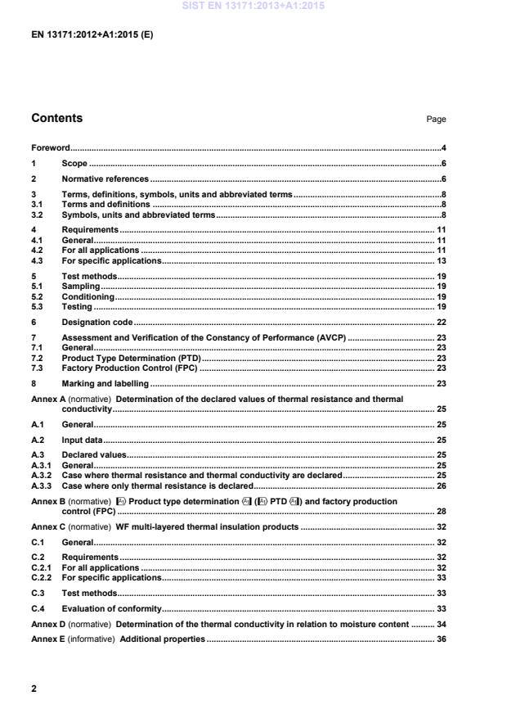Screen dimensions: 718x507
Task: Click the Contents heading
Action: [56, 118]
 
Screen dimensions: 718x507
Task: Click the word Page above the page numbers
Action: [436, 120]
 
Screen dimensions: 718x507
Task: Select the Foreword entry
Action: [50, 148]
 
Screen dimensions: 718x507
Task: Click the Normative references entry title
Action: [105, 178]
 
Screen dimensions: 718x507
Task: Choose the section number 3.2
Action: [37, 214]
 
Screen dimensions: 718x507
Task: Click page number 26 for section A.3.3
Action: [441, 485]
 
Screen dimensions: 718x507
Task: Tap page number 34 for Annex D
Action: [441, 624]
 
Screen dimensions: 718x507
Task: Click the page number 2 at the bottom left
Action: [34, 689]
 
